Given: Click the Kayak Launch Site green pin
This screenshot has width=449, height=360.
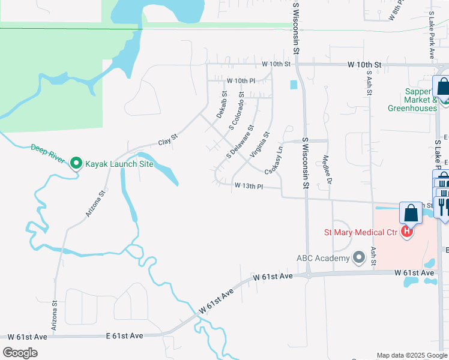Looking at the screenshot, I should click(76, 163).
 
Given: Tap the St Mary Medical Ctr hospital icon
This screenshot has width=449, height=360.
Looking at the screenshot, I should click(408, 232).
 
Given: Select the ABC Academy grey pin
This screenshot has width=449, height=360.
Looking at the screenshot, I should click(360, 257).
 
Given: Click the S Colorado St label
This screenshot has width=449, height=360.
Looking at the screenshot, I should click(236, 112).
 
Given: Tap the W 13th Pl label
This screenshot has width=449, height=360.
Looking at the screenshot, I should click(249, 187).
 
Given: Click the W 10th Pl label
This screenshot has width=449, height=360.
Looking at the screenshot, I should click(240, 80).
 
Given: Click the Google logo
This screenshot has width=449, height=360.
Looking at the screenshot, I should click(20, 352).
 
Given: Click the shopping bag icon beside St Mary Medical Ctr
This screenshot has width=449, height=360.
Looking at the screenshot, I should click(411, 213).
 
